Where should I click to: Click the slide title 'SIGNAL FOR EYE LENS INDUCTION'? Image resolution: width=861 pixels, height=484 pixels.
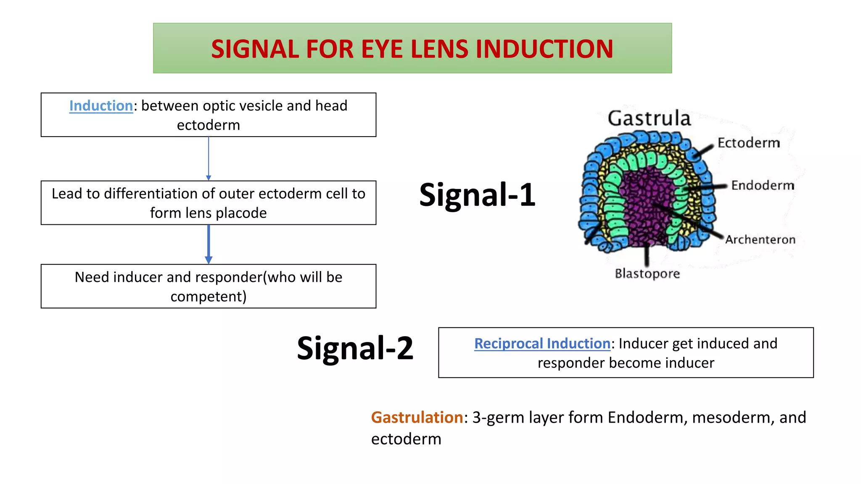click(x=412, y=49)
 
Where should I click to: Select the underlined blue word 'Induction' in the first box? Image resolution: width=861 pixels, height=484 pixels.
click(x=101, y=106)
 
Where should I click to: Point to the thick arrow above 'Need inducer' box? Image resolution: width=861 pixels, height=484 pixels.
click(x=209, y=244)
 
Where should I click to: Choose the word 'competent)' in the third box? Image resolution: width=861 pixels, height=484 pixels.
click(x=209, y=297)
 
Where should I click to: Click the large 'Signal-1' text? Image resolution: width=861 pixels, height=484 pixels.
click(x=477, y=195)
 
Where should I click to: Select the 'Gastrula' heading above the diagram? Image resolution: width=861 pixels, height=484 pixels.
click(x=649, y=118)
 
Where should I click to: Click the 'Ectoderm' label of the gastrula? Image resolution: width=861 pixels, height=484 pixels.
click(x=748, y=143)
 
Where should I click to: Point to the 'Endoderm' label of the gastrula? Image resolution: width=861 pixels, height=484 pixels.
click(x=763, y=185)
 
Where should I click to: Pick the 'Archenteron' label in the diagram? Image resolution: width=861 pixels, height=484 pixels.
click(x=760, y=239)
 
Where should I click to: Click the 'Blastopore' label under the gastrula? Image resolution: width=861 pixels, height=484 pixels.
click(x=647, y=274)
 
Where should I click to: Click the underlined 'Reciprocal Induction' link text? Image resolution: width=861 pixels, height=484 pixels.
click(x=542, y=344)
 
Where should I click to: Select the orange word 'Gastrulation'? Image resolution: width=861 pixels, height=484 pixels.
click(x=417, y=418)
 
